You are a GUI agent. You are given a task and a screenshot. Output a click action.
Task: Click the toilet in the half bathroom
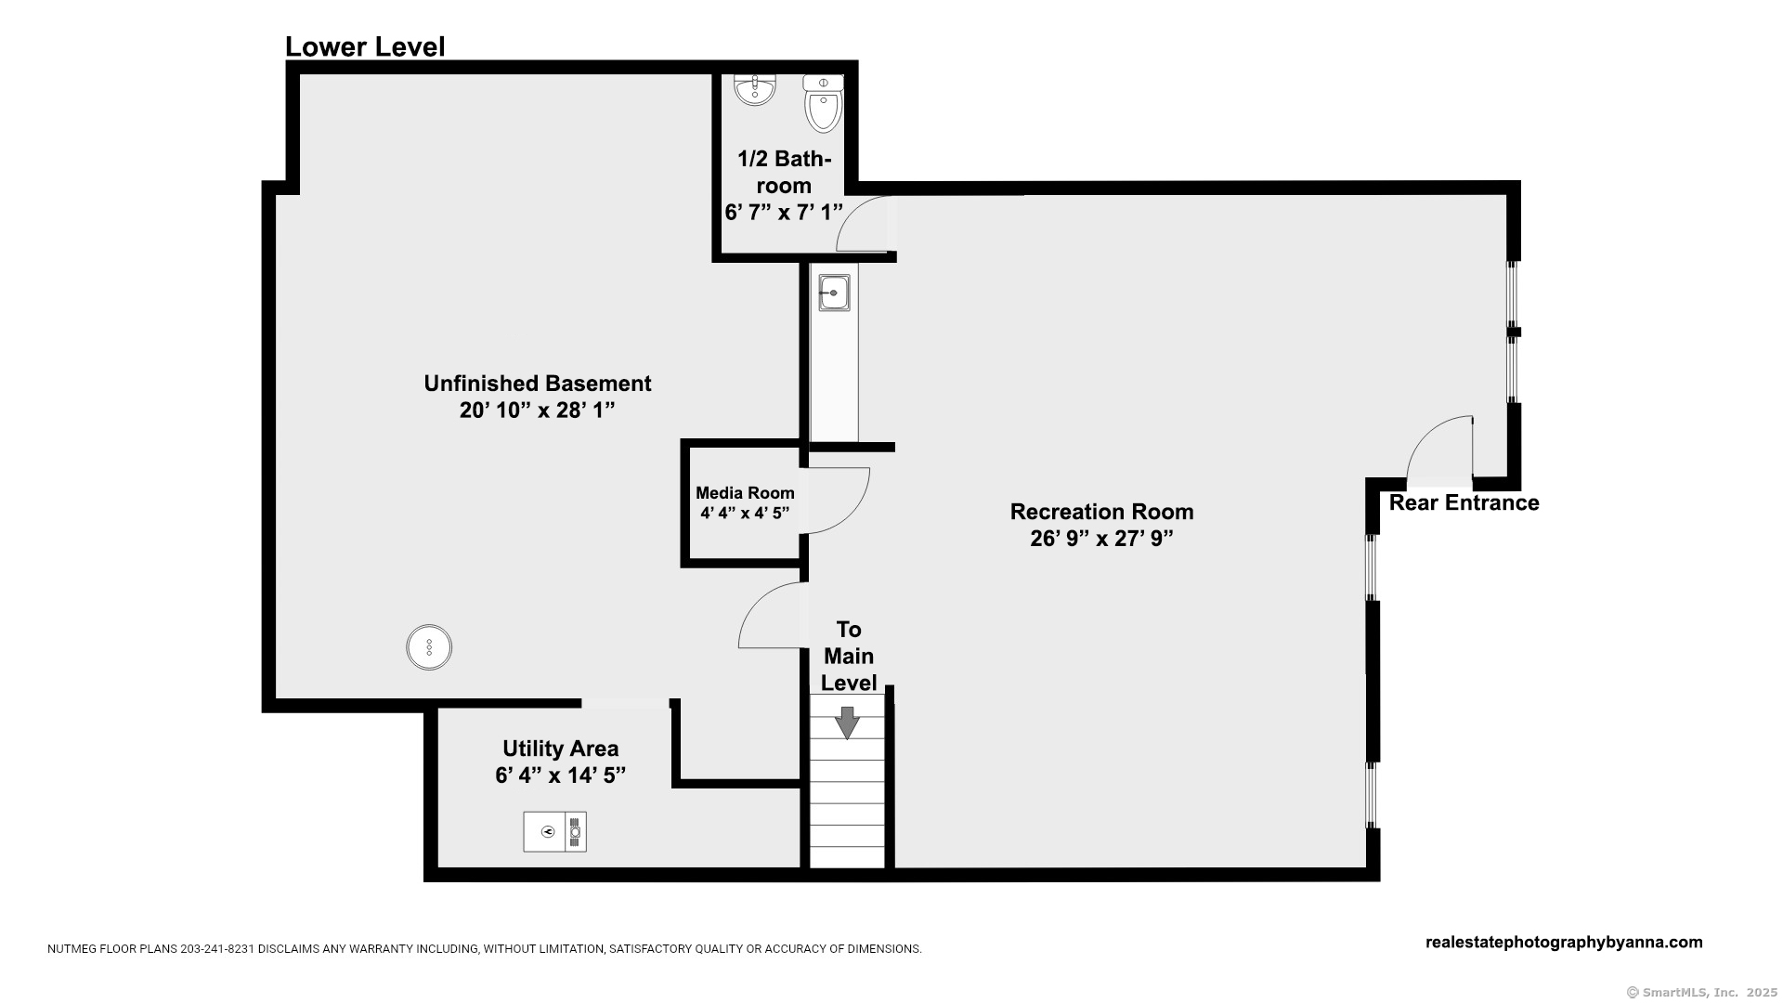[x=823, y=103]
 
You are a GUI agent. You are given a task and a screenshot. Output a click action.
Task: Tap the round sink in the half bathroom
[x=754, y=90]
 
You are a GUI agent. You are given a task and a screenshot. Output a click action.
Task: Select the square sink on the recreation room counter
[x=834, y=293]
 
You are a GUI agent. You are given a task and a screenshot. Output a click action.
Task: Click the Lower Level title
[x=365, y=46]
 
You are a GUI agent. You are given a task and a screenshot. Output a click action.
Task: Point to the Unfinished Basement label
[x=538, y=383]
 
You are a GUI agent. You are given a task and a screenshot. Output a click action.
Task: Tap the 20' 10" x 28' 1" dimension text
[x=538, y=410]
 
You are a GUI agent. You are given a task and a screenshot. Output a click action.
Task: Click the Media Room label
[x=745, y=493]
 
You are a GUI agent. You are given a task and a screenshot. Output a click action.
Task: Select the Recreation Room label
[x=1101, y=512]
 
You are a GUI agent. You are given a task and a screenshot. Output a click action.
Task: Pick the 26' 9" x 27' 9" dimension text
[x=1101, y=539]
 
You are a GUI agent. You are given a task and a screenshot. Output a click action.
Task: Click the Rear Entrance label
[x=1464, y=502]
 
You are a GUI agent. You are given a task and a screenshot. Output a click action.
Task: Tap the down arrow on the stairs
[x=847, y=723]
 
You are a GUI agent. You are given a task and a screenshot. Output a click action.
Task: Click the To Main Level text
[x=849, y=656]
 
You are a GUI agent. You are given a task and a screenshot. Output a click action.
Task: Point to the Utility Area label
[x=560, y=749]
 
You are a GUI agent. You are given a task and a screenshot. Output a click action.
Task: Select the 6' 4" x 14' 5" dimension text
[x=560, y=775]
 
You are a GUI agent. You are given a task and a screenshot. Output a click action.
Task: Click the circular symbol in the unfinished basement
[x=429, y=647]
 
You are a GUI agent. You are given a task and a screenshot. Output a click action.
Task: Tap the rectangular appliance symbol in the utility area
[x=554, y=831]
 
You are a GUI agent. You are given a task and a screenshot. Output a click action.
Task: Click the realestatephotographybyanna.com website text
[x=1564, y=942]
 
